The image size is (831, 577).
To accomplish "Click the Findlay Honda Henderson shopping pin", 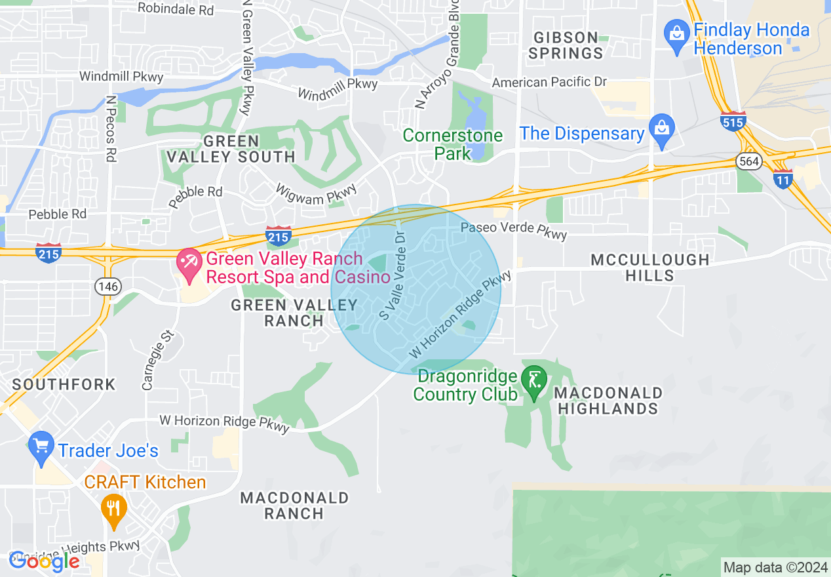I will click(x=674, y=33).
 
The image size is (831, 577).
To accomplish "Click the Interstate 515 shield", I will click(x=732, y=121).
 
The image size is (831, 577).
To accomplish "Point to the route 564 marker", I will click(x=748, y=161).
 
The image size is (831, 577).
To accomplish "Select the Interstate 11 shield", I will click(x=783, y=178).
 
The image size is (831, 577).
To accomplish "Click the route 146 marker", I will click(x=106, y=285).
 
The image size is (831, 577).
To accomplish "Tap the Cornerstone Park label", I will click(x=453, y=144).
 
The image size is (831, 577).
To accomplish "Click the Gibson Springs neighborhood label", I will click(x=566, y=45).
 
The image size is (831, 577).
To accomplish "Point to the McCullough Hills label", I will click(x=649, y=268).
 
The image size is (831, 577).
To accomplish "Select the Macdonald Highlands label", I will click(x=608, y=401).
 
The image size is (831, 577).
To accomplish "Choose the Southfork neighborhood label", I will click(x=64, y=384).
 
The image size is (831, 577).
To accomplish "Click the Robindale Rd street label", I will click(x=176, y=9).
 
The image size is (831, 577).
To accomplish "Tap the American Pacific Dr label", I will click(x=549, y=83).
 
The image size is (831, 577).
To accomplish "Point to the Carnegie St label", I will click(x=157, y=361).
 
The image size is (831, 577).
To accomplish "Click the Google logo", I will click(x=44, y=561).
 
